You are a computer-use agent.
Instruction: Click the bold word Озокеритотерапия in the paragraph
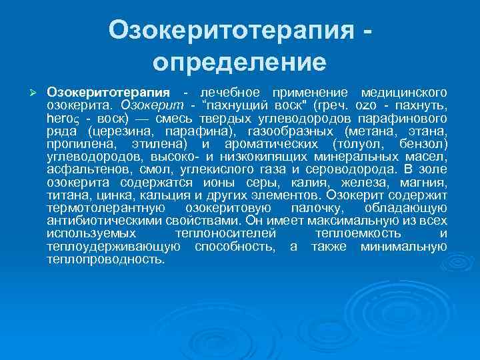108,91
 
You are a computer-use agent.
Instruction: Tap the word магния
425,182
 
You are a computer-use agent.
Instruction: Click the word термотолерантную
99,208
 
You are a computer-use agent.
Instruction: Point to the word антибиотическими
101,221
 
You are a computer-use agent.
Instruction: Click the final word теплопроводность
105,259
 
